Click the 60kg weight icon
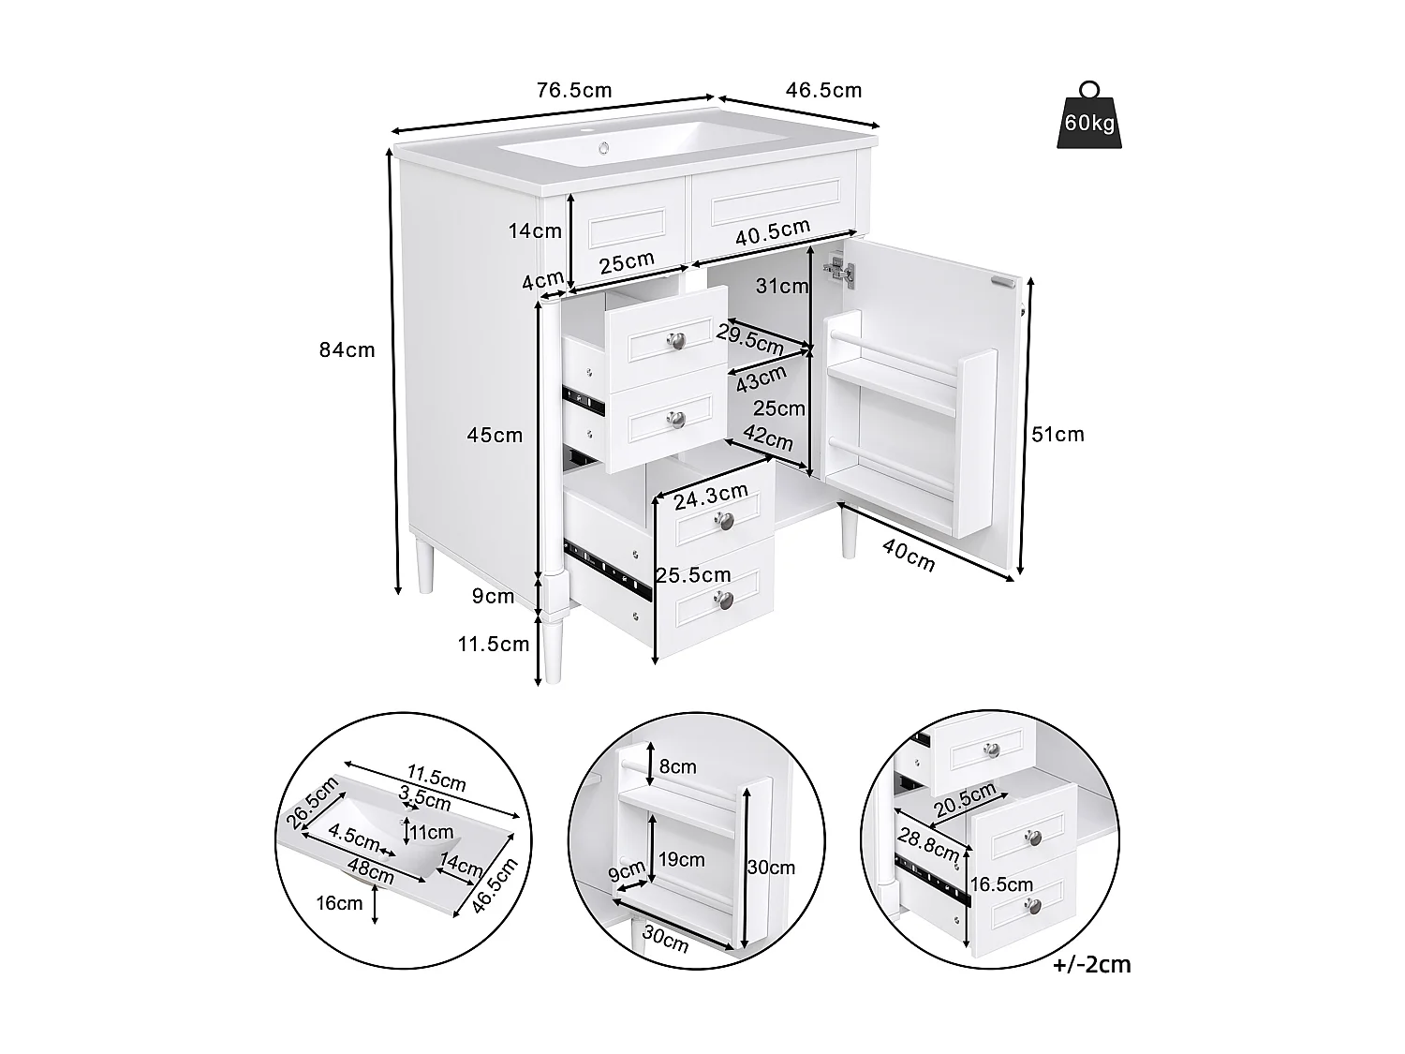[x=1088, y=116]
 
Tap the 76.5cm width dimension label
[x=573, y=90]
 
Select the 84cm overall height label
[x=347, y=349]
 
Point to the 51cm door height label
[x=1057, y=434]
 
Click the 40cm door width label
[x=909, y=556]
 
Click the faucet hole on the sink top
[x=605, y=146]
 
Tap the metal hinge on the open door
[x=840, y=272]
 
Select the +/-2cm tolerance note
[x=1091, y=964]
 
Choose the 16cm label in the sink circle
[x=339, y=903]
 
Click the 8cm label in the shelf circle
[x=678, y=766]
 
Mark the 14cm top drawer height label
[x=535, y=230]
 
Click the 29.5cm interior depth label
[x=750, y=337]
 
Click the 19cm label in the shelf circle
[x=681, y=859]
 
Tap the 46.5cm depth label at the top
[x=823, y=90]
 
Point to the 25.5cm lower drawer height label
[x=693, y=575]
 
